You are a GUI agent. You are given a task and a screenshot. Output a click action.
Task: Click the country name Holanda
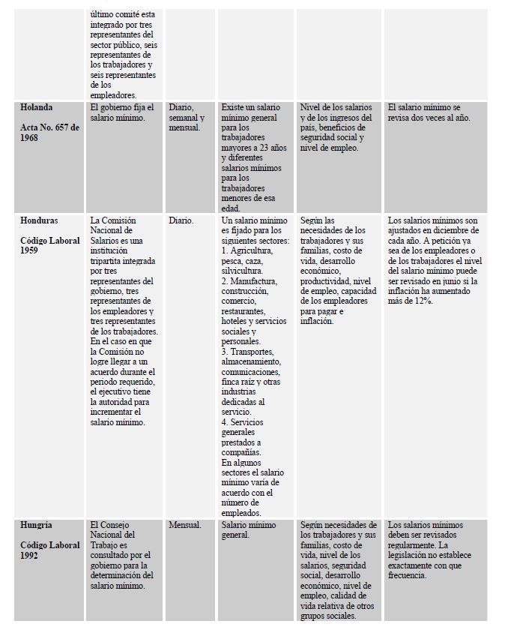pyautogui.click(x=37, y=108)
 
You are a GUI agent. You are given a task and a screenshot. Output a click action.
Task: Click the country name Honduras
pyautogui.click(x=39, y=221)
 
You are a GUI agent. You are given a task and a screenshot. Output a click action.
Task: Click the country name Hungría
pyautogui.click(x=37, y=526)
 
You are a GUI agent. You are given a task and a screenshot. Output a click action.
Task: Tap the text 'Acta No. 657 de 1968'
pyautogui.click(x=49, y=133)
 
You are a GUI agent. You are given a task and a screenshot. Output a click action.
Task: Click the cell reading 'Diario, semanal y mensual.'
pyautogui.click(x=187, y=118)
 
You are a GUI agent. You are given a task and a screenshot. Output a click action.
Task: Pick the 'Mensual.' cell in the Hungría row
pyautogui.click(x=185, y=526)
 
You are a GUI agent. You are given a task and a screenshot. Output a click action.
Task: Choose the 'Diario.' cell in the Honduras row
pyautogui.click(x=181, y=221)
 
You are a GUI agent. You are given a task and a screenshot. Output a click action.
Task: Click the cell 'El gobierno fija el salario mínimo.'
pyautogui.click(x=123, y=112)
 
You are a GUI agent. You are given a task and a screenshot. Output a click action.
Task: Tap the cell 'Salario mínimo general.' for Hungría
pyautogui.click(x=249, y=530)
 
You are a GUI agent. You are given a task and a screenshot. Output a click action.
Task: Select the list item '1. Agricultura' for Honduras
pyautogui.click(x=247, y=250)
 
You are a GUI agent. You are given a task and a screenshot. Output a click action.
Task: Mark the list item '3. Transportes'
pyautogui.click(x=247, y=352)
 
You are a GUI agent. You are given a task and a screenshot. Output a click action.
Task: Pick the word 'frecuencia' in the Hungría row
pyautogui.click(x=406, y=575)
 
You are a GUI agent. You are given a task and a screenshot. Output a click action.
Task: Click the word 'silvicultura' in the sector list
pyautogui.click(x=241, y=271)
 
